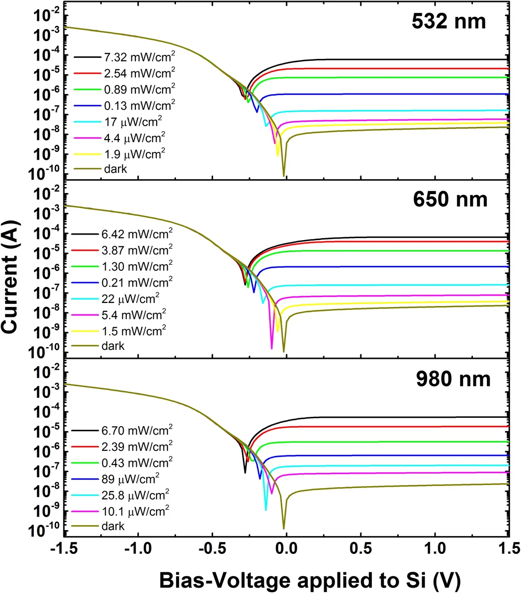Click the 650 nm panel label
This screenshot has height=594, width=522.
click(450, 199)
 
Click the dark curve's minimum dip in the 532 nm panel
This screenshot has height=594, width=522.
click(284, 175)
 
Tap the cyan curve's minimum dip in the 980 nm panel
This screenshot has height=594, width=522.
click(266, 509)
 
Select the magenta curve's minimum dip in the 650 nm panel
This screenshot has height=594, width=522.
click(272, 348)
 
